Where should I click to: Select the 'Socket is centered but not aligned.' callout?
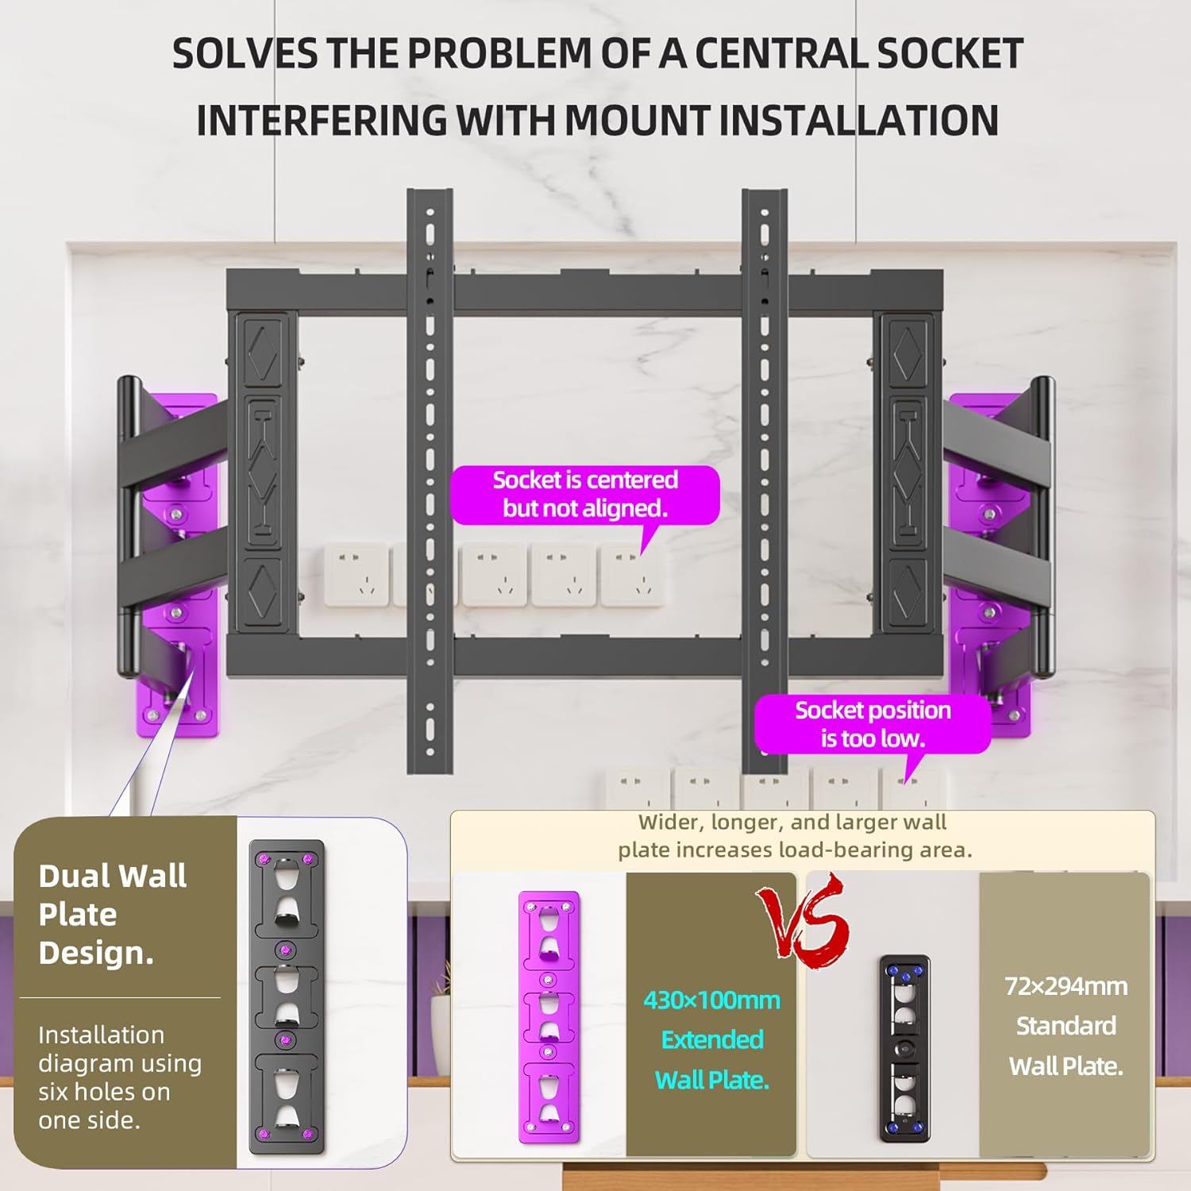585,494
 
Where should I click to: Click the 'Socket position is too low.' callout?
873,723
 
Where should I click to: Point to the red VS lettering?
803,921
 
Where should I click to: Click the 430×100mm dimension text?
711,1000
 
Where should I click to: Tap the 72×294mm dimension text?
1066,986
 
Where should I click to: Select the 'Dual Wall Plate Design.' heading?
113,914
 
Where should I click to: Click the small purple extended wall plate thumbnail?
549,1017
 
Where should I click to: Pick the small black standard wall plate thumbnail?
904,1048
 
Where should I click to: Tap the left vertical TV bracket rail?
430,481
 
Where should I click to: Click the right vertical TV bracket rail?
765,481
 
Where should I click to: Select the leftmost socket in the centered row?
357,575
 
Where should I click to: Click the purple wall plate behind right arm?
991,565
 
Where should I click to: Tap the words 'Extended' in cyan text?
712,1039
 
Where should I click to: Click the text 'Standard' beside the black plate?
1066,1026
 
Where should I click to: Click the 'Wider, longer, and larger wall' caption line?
792,822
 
